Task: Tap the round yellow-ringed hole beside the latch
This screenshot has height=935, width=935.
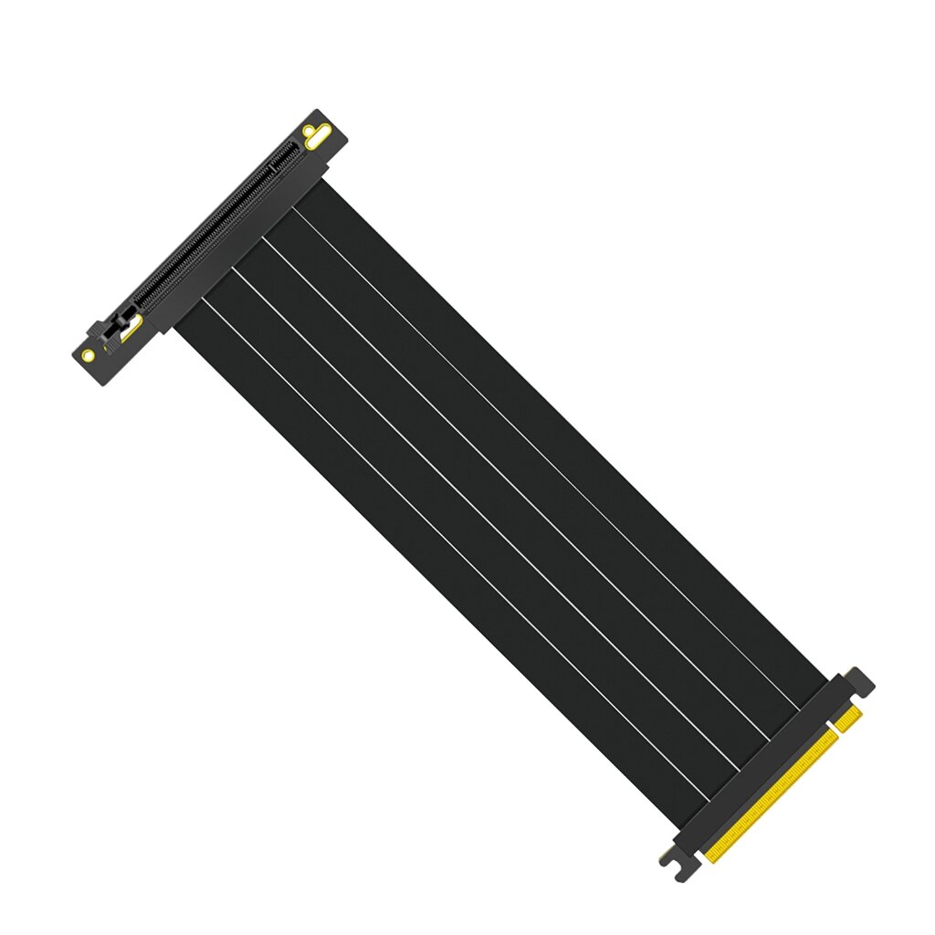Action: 88,354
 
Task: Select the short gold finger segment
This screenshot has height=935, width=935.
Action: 848,720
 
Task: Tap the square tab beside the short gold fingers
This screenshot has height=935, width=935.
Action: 860,681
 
